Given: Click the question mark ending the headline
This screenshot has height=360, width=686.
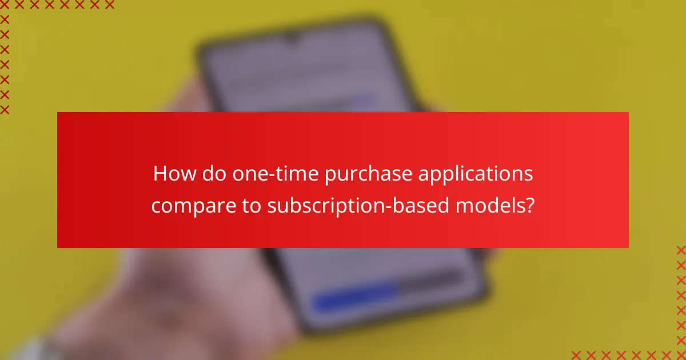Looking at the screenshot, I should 530,205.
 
